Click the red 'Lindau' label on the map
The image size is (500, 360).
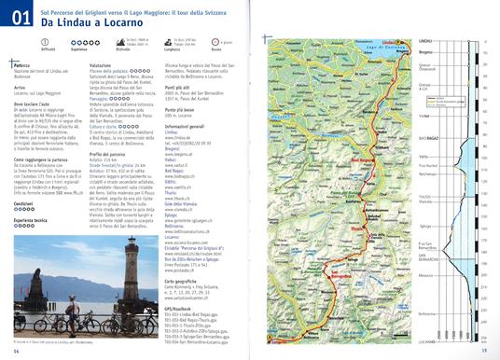[x=392, y=42]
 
